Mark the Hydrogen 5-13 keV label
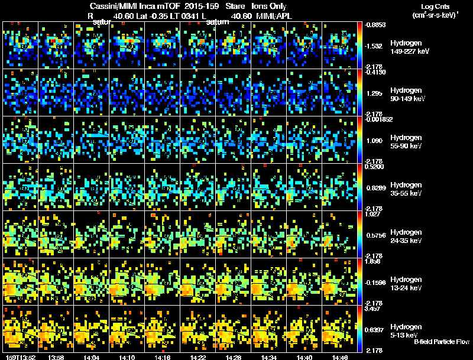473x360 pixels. [x=407, y=331]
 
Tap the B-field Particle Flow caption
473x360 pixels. [x=441, y=342]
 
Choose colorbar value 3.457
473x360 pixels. [x=374, y=309]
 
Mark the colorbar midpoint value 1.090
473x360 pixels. [x=374, y=142]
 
